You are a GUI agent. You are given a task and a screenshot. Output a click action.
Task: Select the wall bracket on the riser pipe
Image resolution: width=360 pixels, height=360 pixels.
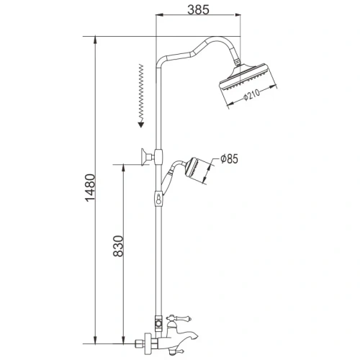(x=148, y=156)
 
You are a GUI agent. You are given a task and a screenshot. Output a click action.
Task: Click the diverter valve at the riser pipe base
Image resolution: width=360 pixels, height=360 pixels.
(x=156, y=317)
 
